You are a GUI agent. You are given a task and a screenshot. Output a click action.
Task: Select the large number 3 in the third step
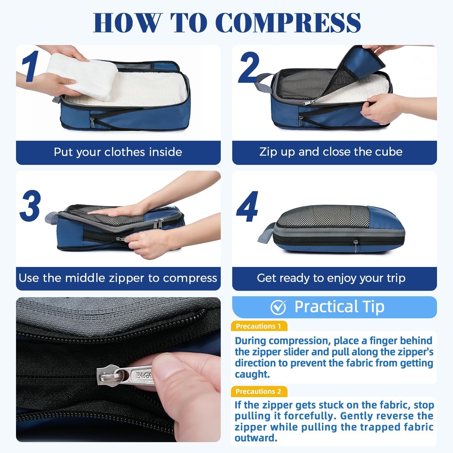[30, 206]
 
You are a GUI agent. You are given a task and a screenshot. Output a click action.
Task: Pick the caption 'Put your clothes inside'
[118, 152]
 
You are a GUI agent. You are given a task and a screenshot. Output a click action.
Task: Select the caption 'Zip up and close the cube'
[331, 152]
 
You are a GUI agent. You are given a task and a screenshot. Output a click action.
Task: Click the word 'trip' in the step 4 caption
[395, 278]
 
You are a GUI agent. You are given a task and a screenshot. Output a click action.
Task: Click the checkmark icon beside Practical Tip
[278, 307]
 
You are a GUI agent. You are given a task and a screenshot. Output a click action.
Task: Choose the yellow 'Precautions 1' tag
[259, 326]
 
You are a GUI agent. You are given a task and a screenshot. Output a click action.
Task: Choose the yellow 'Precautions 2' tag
[259, 391]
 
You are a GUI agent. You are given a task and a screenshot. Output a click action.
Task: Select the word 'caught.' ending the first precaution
[252, 374]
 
